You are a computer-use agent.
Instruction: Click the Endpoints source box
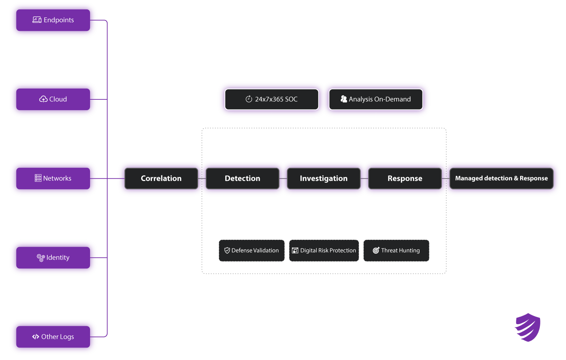53,20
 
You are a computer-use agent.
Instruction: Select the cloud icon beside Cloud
43,99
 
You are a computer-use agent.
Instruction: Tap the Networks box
53,179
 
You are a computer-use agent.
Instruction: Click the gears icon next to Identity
41,257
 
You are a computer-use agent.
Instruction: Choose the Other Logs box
53,337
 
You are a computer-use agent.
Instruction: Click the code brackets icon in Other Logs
35,337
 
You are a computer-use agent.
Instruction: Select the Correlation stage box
161,179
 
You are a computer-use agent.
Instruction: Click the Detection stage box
242,179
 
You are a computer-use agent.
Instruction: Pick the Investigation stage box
323,179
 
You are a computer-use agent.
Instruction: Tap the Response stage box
405,179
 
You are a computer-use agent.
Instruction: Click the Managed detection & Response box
501,179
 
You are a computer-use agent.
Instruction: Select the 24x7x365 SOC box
272,99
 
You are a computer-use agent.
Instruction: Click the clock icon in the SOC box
249,99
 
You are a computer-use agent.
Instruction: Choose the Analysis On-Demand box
375,99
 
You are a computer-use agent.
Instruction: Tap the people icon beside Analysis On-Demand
343,99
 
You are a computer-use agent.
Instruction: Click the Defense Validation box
251,251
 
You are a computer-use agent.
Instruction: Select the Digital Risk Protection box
324,251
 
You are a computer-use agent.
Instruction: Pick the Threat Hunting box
396,251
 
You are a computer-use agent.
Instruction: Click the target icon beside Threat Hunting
376,251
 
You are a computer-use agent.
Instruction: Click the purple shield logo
528,327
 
